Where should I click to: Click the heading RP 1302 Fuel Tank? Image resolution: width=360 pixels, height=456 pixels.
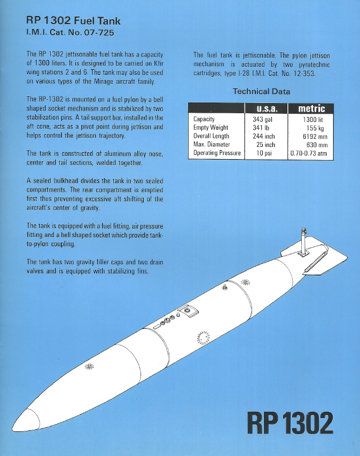(73, 21)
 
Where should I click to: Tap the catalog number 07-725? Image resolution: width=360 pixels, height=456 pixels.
(96, 33)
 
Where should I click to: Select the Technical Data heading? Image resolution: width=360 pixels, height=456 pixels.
(261, 91)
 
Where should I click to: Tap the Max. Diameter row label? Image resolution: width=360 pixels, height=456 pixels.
(212, 145)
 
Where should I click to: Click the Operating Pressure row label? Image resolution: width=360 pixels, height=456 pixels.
(217, 154)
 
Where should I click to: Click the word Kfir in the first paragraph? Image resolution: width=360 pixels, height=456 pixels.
(156, 64)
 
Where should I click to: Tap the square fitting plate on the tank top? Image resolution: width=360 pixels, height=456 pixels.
(189, 311)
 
